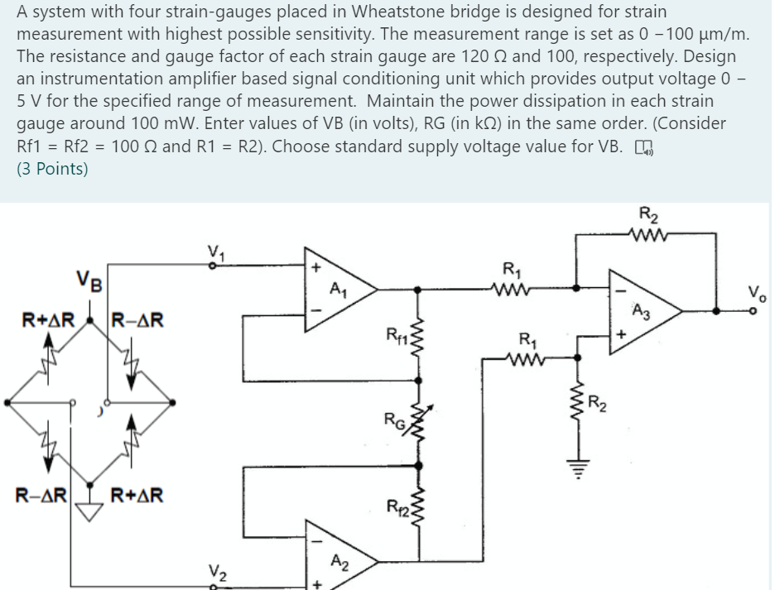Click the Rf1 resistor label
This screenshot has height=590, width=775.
396,335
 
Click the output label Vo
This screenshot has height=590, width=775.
757,290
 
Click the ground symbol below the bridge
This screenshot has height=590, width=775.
89,514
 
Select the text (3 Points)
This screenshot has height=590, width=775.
52,170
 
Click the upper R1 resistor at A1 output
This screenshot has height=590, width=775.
513,288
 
